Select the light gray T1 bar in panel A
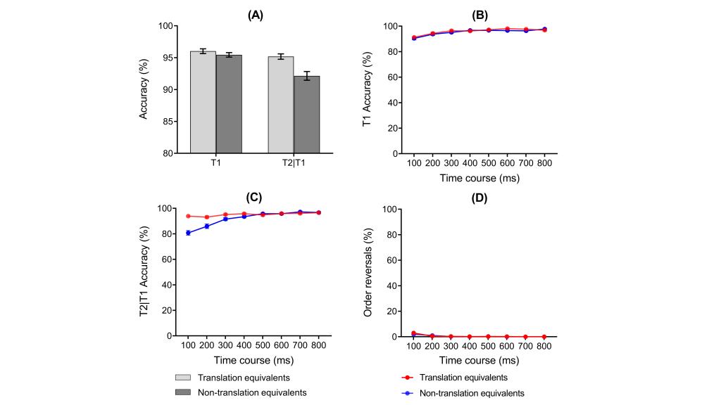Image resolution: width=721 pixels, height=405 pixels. click(203, 102)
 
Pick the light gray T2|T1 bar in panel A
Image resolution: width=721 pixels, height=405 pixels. click(280, 105)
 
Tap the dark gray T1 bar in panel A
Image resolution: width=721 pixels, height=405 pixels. click(229, 104)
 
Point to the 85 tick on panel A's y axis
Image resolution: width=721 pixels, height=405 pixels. click(166, 122)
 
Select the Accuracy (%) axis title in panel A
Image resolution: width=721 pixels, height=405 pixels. click(144, 89)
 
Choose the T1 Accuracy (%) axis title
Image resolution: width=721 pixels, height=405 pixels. click(366, 89)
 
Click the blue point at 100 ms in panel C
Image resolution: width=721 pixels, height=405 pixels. click(188, 233)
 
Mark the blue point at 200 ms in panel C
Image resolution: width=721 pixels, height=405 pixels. click(206, 226)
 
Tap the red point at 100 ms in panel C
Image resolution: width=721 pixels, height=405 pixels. click(188, 216)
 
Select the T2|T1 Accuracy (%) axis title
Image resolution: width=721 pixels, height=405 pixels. click(144, 272)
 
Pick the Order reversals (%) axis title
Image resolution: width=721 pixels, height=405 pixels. click(366, 272)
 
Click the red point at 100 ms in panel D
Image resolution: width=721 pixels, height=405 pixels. click(414, 333)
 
